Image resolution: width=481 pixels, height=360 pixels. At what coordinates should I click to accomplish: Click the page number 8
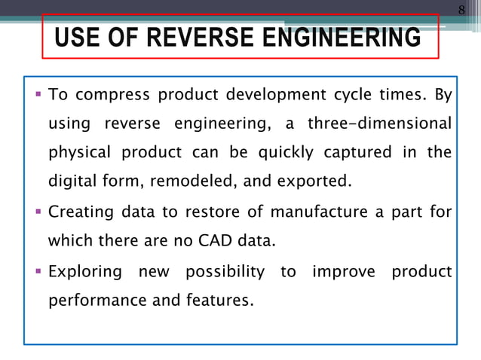[462, 10]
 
